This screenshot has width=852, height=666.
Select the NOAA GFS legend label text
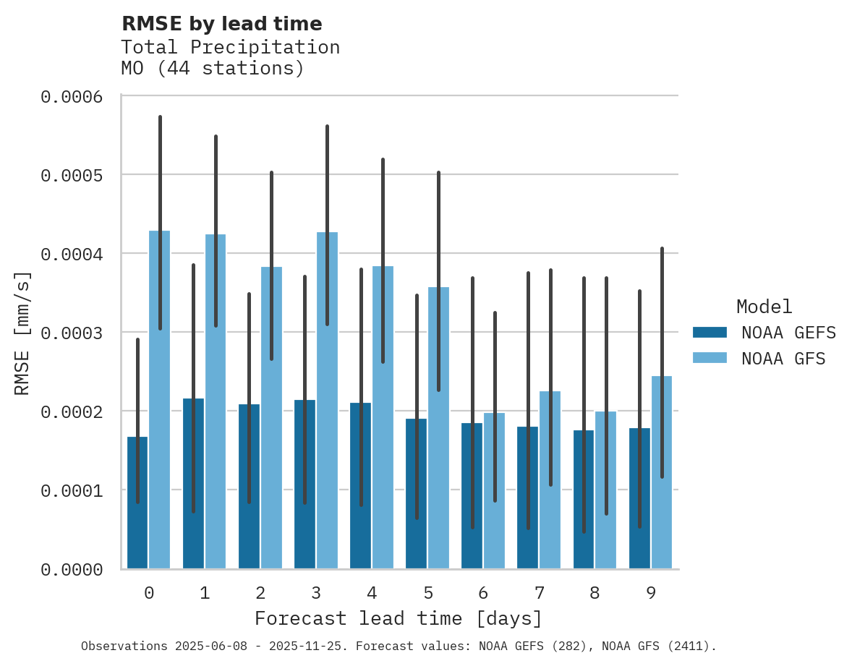coord(783,359)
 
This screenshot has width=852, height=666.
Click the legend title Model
coord(764,307)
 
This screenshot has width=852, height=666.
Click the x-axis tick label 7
coord(540,594)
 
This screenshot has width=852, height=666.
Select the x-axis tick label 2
coord(260,594)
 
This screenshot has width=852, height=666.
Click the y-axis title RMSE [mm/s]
coord(22,333)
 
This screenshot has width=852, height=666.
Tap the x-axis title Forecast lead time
coord(399,619)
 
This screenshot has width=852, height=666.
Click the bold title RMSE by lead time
coord(222,24)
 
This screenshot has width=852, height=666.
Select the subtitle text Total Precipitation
coord(231,47)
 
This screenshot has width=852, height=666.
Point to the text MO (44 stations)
coord(213,69)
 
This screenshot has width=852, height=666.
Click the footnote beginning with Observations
coord(399,646)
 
